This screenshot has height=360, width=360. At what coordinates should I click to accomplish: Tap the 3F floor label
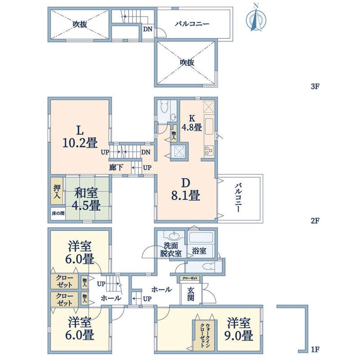[x=315, y=86]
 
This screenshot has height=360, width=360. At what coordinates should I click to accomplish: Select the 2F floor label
[x=315, y=220]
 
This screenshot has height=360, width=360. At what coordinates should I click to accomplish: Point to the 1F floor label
[x=315, y=350]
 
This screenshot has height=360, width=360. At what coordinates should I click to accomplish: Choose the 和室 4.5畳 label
[x=86, y=199]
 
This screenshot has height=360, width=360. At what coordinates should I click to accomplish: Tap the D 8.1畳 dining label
[x=185, y=189]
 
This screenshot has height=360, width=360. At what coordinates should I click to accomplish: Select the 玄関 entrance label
[x=191, y=294]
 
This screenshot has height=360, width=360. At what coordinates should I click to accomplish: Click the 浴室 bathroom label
[x=199, y=251]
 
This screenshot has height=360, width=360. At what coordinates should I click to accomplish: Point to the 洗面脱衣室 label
[x=171, y=250]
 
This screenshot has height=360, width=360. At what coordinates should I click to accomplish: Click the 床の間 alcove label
[x=58, y=213]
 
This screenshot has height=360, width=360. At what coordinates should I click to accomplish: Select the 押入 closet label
[x=57, y=192]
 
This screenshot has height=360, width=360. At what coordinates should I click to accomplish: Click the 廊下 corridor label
[x=116, y=167]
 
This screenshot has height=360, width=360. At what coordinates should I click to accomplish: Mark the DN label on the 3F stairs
[x=148, y=29]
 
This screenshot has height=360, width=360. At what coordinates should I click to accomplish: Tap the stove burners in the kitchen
[x=209, y=150]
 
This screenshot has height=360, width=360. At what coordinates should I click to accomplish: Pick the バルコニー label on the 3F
[x=192, y=24]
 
